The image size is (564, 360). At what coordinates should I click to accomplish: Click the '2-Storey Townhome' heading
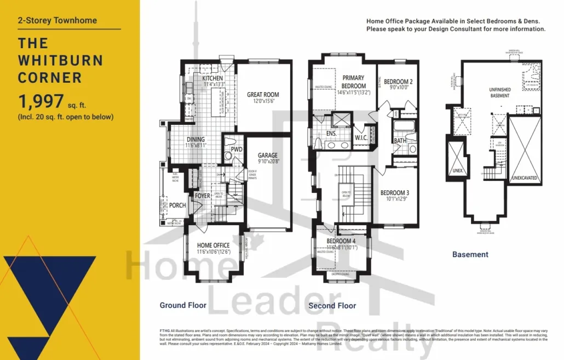tap(57, 21)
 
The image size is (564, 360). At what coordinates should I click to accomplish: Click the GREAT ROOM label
tap(263, 95)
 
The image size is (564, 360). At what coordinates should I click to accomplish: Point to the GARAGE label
tap(268, 156)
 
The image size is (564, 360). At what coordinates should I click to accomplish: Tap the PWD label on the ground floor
tap(237, 149)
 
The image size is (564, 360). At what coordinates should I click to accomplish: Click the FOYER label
tap(203, 196)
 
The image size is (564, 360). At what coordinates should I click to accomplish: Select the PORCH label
tap(177, 205)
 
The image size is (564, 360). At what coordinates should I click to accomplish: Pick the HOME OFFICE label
tap(214, 245)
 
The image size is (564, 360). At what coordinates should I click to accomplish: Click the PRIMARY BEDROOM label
tap(353, 82)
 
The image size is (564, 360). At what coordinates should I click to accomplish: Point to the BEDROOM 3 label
tap(394, 193)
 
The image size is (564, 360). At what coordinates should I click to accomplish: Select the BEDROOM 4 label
tap(341, 241)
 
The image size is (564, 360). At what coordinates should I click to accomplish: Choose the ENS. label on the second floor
tap(331, 133)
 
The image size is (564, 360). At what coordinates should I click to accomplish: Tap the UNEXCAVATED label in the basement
tap(525, 178)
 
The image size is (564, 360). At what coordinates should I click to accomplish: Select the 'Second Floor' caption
tap(332, 306)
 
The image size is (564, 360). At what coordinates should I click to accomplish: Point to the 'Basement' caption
tap(470, 254)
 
